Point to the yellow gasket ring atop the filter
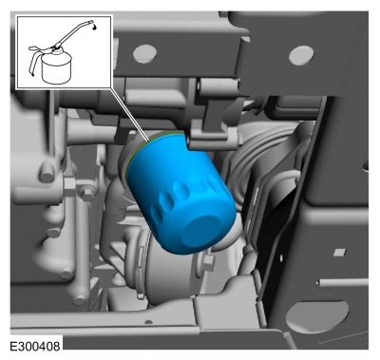coord(152,142)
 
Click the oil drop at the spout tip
coord(95,27)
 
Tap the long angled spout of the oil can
coord(74,33)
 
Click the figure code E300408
coord(35,346)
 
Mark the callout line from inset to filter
coord(129,114)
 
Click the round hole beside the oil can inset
coord(144,53)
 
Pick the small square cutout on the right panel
coord(340,253)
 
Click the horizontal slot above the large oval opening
coord(344,282)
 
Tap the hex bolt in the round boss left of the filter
coord(85,191)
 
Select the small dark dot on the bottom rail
coord(148,322)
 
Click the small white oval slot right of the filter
coord(280,257)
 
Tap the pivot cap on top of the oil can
coord(56,47)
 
